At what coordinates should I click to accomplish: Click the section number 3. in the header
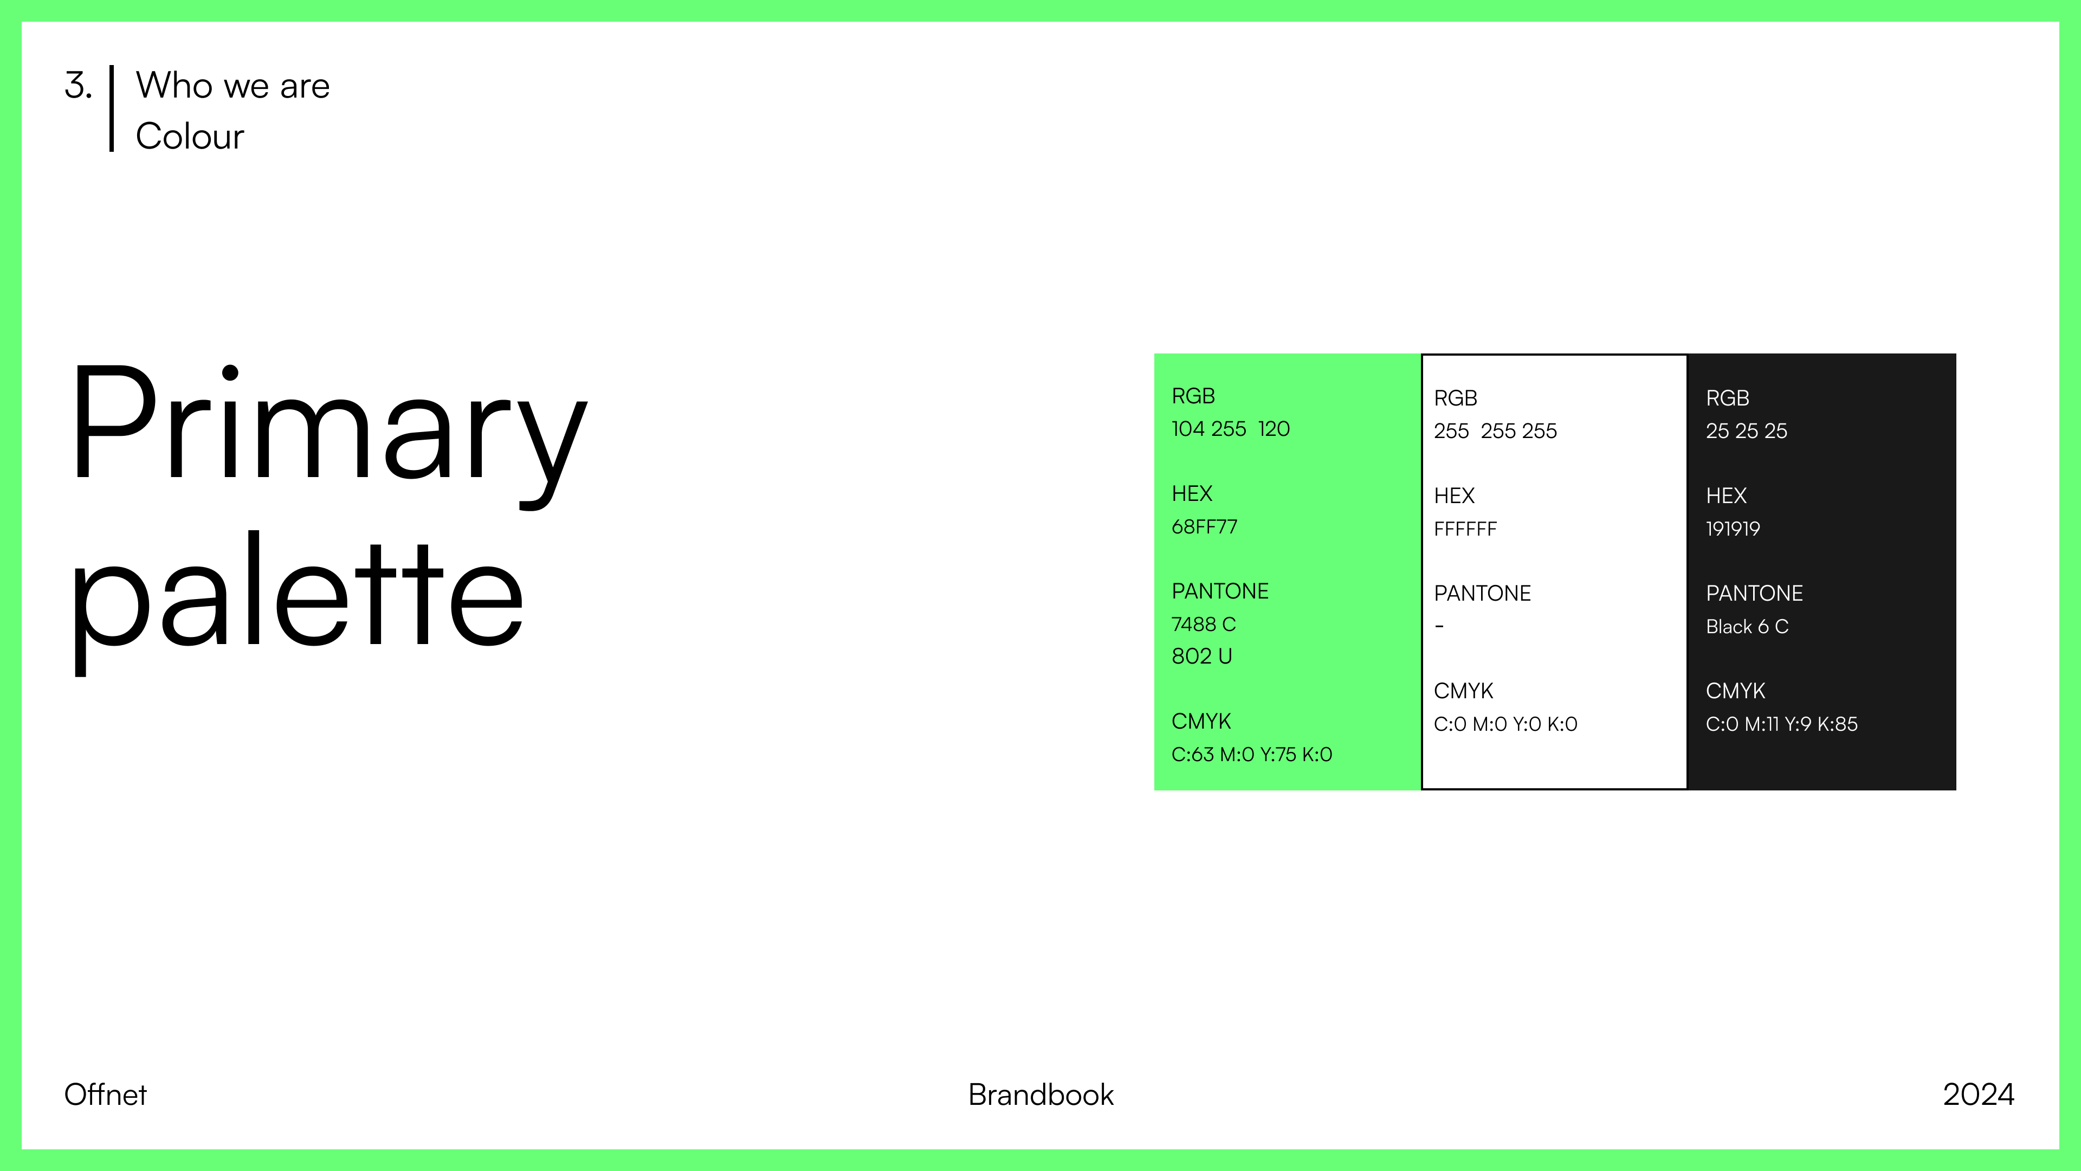pyautogui.click(x=79, y=86)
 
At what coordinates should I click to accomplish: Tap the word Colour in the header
pyautogui.click(x=190, y=136)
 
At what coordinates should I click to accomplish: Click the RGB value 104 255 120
pyautogui.click(x=1230, y=429)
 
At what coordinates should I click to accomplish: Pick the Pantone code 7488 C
pyautogui.click(x=1204, y=625)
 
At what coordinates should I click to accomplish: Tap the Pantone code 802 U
pyautogui.click(x=1202, y=656)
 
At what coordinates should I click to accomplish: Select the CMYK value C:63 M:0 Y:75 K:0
pyautogui.click(x=1251, y=755)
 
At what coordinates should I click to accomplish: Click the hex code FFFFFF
pyautogui.click(x=1465, y=529)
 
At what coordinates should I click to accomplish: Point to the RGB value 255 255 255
pyautogui.click(x=1495, y=432)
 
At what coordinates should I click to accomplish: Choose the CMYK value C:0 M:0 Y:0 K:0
pyautogui.click(x=1505, y=724)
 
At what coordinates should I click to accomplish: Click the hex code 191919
pyautogui.click(x=1733, y=529)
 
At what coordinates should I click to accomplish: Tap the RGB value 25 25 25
pyautogui.click(x=1747, y=432)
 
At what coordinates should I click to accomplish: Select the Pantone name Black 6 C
pyautogui.click(x=1747, y=627)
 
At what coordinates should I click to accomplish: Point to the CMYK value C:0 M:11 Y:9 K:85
pyautogui.click(x=1781, y=724)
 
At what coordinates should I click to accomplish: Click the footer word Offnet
pyautogui.click(x=106, y=1095)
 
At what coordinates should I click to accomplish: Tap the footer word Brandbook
pyautogui.click(x=1040, y=1095)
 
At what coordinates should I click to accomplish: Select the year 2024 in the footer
pyautogui.click(x=1979, y=1095)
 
